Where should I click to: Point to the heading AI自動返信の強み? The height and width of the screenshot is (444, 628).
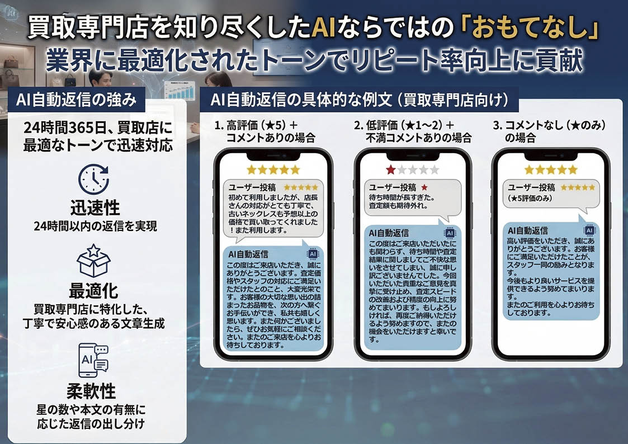[76, 101]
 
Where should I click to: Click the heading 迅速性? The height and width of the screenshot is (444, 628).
[95, 207]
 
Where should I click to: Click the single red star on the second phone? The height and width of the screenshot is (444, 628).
[390, 169]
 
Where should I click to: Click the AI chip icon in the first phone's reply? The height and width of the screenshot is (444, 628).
[313, 254]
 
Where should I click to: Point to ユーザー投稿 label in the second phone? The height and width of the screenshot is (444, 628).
[393, 187]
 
